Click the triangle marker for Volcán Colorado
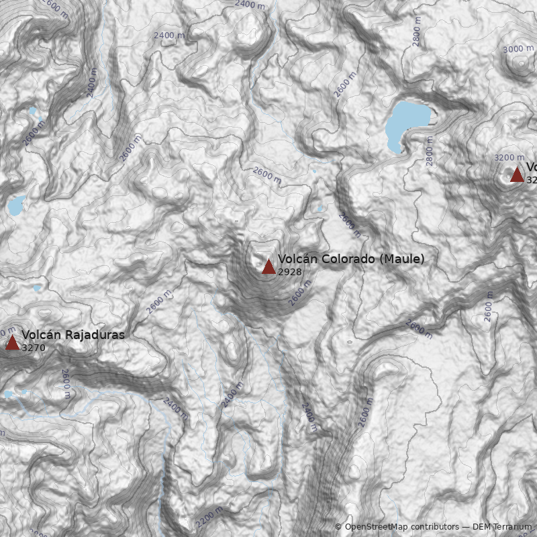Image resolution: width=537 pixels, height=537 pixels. (x=268, y=266)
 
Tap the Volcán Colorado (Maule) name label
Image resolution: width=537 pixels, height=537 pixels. (x=351, y=259)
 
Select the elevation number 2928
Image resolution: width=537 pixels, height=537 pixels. (x=289, y=272)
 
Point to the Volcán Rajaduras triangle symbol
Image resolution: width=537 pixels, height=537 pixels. (x=12, y=343)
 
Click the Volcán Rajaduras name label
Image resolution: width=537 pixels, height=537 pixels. (x=73, y=335)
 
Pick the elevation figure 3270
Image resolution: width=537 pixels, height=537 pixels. (x=34, y=348)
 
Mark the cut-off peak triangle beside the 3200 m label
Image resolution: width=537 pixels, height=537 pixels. (x=517, y=175)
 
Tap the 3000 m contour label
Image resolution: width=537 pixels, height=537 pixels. (x=518, y=49)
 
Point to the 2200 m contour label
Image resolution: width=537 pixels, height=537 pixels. (x=209, y=516)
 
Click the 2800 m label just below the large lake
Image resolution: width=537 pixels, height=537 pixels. (x=430, y=151)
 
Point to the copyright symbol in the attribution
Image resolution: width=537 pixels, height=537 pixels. (x=338, y=527)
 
